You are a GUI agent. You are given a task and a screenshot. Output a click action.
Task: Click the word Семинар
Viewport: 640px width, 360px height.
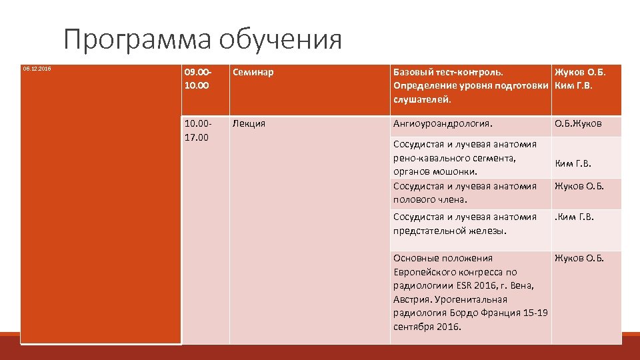pyautogui.click(x=253, y=71)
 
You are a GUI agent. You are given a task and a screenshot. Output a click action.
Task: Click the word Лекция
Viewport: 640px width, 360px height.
pyautogui.click(x=249, y=123)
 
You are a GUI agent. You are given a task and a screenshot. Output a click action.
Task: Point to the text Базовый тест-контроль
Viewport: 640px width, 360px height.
pyautogui.click(x=449, y=71)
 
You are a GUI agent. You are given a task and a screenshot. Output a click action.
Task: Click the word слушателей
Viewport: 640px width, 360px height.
pyautogui.click(x=422, y=99)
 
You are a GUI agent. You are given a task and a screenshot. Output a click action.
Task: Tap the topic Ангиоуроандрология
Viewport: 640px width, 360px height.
pyautogui.click(x=443, y=123)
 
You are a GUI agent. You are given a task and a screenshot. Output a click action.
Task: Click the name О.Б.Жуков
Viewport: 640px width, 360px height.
pyautogui.click(x=578, y=123)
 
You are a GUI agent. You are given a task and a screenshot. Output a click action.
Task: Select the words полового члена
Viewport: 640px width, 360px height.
pyautogui.click(x=430, y=199)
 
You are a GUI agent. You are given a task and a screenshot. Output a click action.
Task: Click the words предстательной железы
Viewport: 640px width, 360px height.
pyautogui.click(x=450, y=231)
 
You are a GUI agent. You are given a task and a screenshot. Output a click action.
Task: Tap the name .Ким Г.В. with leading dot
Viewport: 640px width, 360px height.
pyautogui.click(x=574, y=217)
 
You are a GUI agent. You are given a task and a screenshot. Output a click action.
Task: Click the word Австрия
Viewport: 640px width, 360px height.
pyautogui.click(x=412, y=299)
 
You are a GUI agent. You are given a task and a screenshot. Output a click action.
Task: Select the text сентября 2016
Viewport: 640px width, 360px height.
pyautogui.click(x=427, y=327)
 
